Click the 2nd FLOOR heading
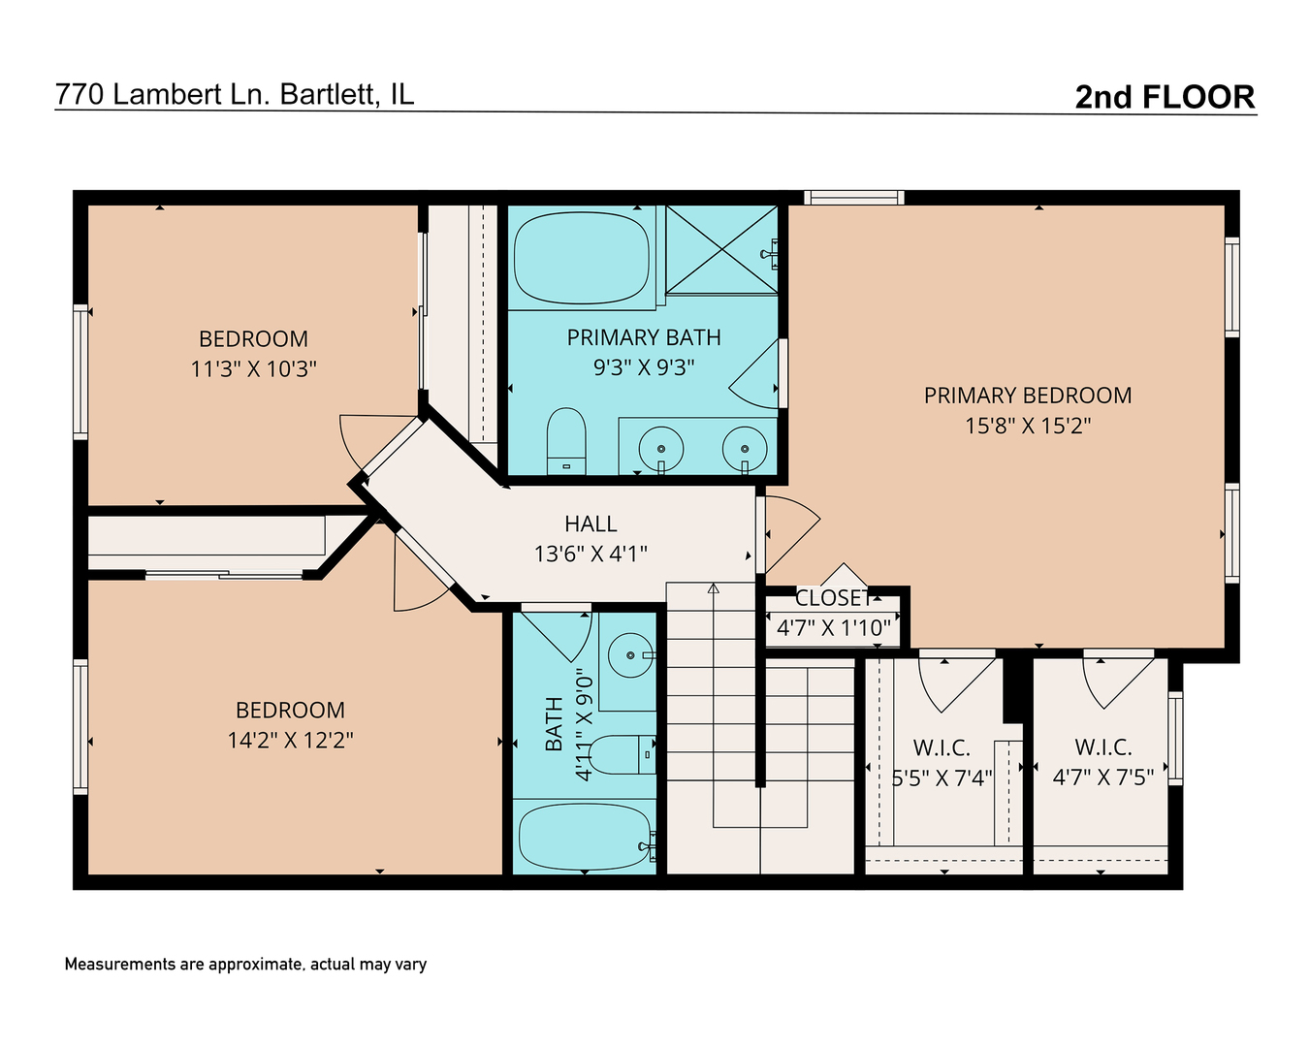[1165, 97]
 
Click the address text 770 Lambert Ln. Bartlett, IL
[235, 94]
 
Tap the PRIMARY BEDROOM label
[1027, 396]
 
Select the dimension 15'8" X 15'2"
[1027, 426]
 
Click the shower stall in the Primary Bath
[721, 249]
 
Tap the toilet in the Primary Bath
[566, 441]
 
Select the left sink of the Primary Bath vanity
[661, 449]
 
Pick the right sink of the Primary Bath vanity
[745, 449]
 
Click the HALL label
[591, 524]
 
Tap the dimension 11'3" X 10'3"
[254, 369]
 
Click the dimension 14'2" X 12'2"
[290, 741]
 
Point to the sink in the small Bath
[629, 656]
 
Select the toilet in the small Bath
[621, 754]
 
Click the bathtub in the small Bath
[584, 837]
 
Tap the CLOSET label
[833, 599]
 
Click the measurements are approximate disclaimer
[245, 965]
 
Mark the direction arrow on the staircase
[714, 588]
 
